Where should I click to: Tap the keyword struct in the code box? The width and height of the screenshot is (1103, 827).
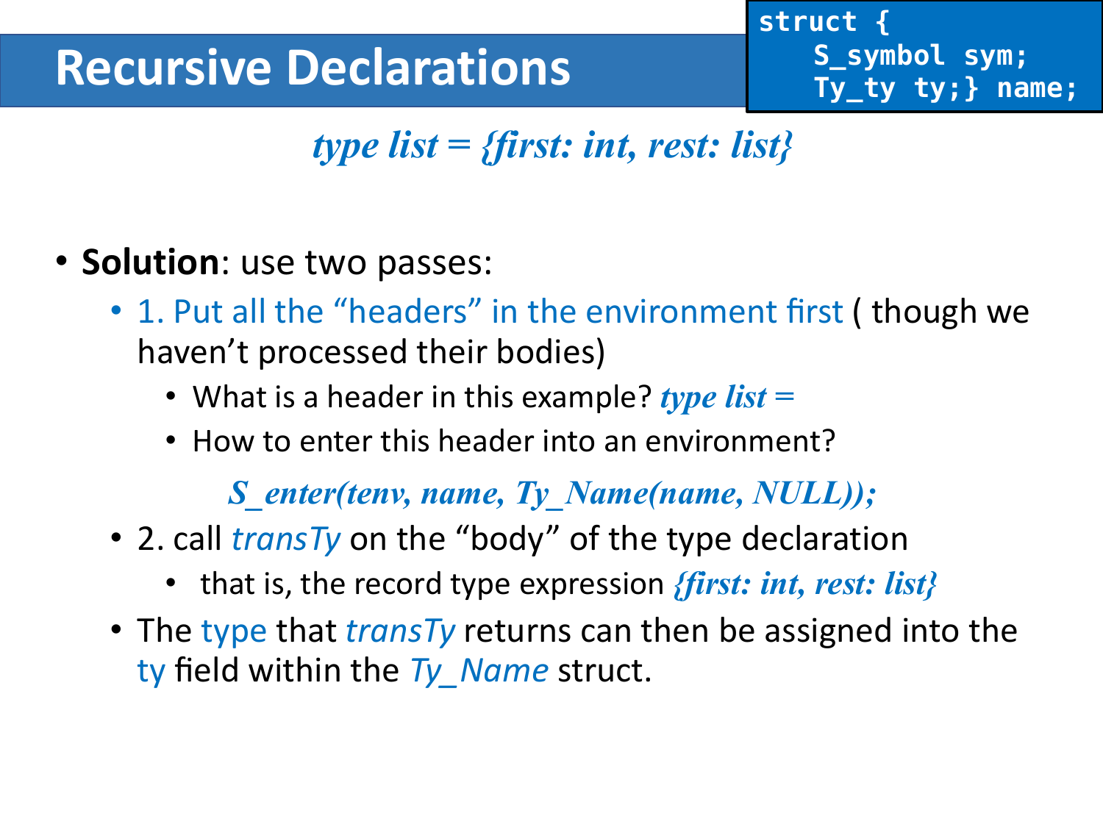click(x=807, y=22)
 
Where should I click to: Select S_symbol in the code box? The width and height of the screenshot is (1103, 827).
click(x=879, y=56)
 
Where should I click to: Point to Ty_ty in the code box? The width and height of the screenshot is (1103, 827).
click(x=854, y=88)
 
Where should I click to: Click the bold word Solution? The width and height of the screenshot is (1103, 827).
click(x=150, y=262)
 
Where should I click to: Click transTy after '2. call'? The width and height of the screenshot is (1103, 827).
click(x=286, y=539)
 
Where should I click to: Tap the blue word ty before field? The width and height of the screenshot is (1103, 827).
click(x=151, y=671)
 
